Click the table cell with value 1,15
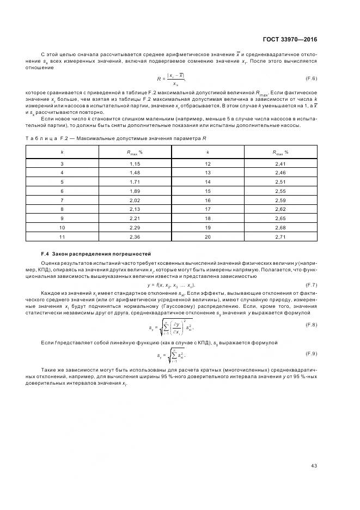135,163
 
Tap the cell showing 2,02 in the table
135,201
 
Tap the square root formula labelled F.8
171,326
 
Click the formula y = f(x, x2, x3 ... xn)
171,286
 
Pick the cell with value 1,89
135,192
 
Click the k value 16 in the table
208,201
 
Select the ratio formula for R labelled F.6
171,79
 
